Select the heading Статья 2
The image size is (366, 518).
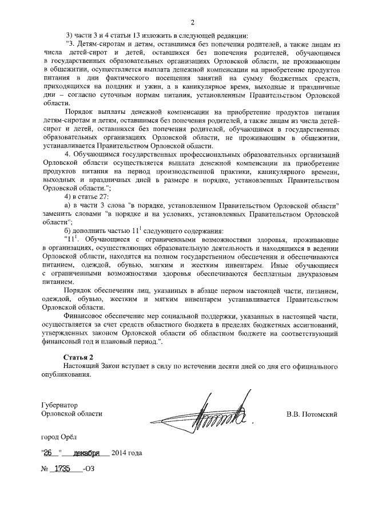(80, 357)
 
